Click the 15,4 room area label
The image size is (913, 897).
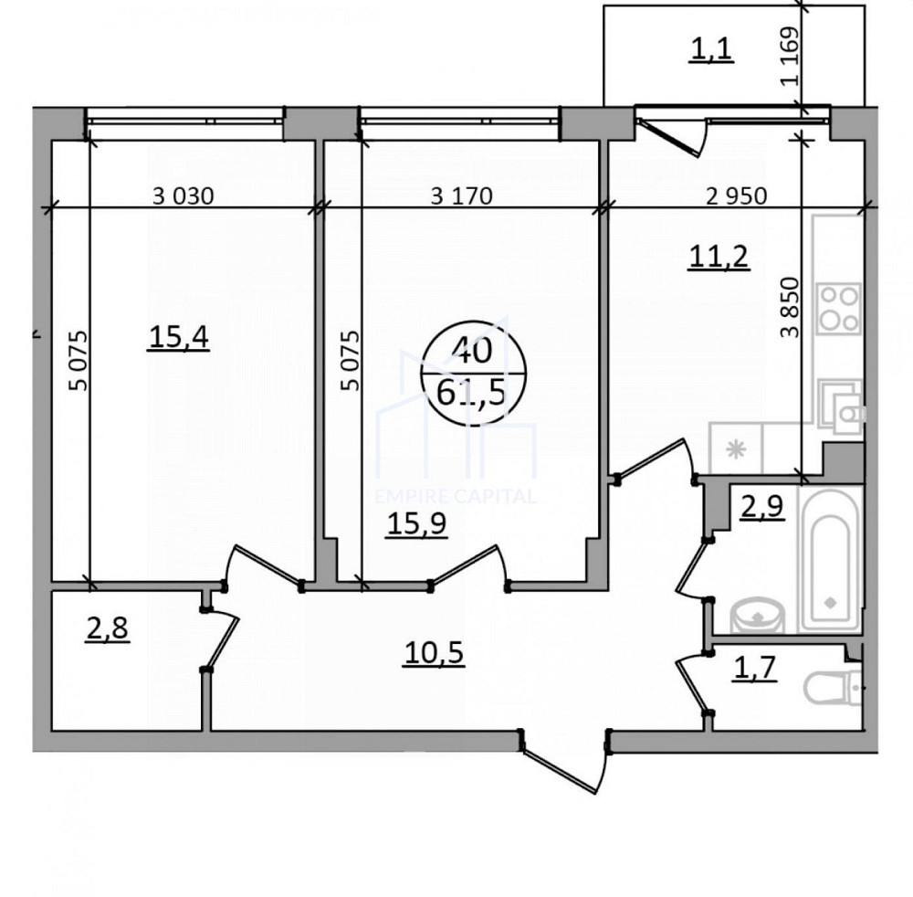179,337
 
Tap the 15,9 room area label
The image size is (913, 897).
417,523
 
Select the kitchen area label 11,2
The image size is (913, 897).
718,257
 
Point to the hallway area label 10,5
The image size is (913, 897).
434,653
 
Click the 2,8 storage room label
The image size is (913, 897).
107,629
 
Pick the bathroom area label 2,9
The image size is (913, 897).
761,507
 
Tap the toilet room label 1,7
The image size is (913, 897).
755,668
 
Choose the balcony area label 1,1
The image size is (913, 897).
711,49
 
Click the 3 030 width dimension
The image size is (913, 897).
184,195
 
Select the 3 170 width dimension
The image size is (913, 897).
462,195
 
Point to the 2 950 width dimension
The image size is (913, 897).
737,195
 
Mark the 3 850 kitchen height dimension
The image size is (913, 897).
791,307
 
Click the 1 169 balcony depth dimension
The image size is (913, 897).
790,56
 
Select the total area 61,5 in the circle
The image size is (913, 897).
471,393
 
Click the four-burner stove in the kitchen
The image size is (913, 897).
838,308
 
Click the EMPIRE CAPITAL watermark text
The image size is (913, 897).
456,496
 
